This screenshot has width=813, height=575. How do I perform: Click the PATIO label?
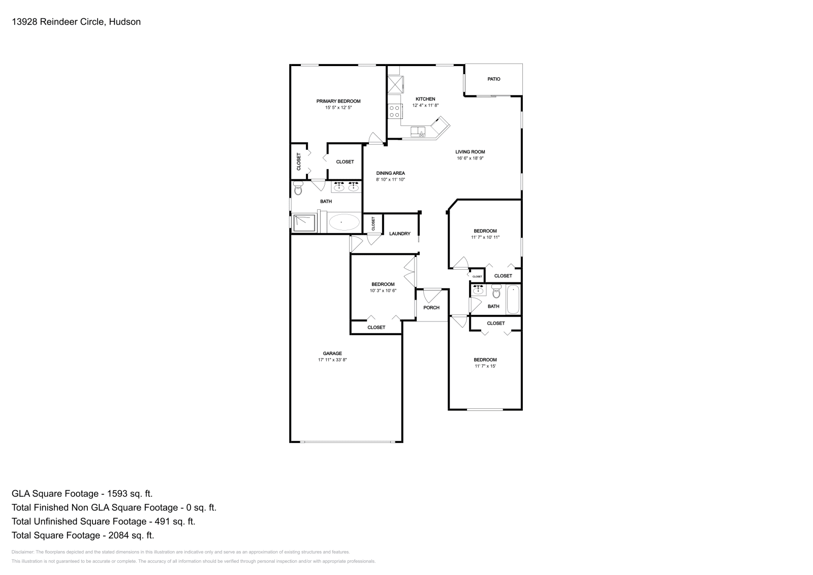493,79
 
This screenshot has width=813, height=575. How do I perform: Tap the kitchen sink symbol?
419,132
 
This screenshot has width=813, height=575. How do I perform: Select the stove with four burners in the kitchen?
394,111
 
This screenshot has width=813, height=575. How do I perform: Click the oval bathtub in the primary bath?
344,222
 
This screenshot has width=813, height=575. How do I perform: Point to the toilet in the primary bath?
298,189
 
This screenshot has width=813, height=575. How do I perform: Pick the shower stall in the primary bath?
304,222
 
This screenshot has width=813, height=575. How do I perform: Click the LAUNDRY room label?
399,234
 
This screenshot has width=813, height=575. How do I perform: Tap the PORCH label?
431,308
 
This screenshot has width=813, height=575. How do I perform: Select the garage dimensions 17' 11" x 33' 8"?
332,360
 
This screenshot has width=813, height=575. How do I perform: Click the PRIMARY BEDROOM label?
338,101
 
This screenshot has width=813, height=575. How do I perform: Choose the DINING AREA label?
390,173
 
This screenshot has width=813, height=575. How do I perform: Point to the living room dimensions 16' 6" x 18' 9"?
470,158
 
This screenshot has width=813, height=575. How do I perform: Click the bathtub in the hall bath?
513,300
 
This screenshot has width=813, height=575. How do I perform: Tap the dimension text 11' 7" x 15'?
485,366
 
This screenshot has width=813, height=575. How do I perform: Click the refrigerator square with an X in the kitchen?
394,84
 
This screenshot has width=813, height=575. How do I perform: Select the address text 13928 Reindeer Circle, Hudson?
76,22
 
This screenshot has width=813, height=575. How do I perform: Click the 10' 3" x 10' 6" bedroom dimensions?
383,291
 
